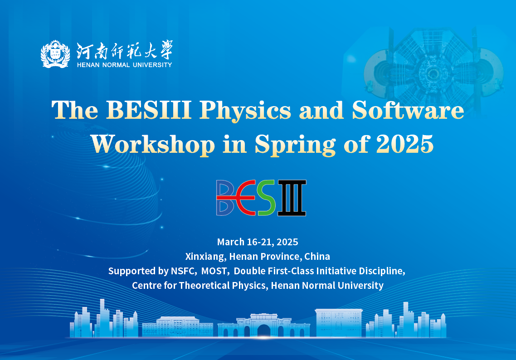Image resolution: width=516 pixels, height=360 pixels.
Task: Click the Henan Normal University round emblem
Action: (x=55, y=54)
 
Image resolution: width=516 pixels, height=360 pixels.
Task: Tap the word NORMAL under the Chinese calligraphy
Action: (x=116, y=65)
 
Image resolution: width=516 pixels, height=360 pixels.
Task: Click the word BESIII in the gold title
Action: (x=149, y=110)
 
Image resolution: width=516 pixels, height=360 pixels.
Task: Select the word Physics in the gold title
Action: (x=245, y=111)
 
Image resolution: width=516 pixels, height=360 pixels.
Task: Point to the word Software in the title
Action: (x=408, y=110)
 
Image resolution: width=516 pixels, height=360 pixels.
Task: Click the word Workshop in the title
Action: (x=153, y=145)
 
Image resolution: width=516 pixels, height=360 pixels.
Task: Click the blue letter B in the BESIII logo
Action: (x=225, y=198)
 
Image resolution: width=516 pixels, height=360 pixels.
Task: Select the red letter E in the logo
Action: (x=245, y=198)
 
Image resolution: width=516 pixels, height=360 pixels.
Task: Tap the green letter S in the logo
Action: (x=266, y=198)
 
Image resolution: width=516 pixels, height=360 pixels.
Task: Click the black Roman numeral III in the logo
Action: (x=292, y=198)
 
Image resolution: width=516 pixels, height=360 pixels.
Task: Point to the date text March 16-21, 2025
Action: (x=258, y=242)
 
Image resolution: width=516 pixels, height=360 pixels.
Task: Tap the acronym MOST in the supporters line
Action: (x=214, y=271)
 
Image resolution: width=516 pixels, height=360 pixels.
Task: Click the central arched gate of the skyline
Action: (x=263, y=331)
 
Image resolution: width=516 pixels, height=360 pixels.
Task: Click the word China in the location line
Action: (x=317, y=257)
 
